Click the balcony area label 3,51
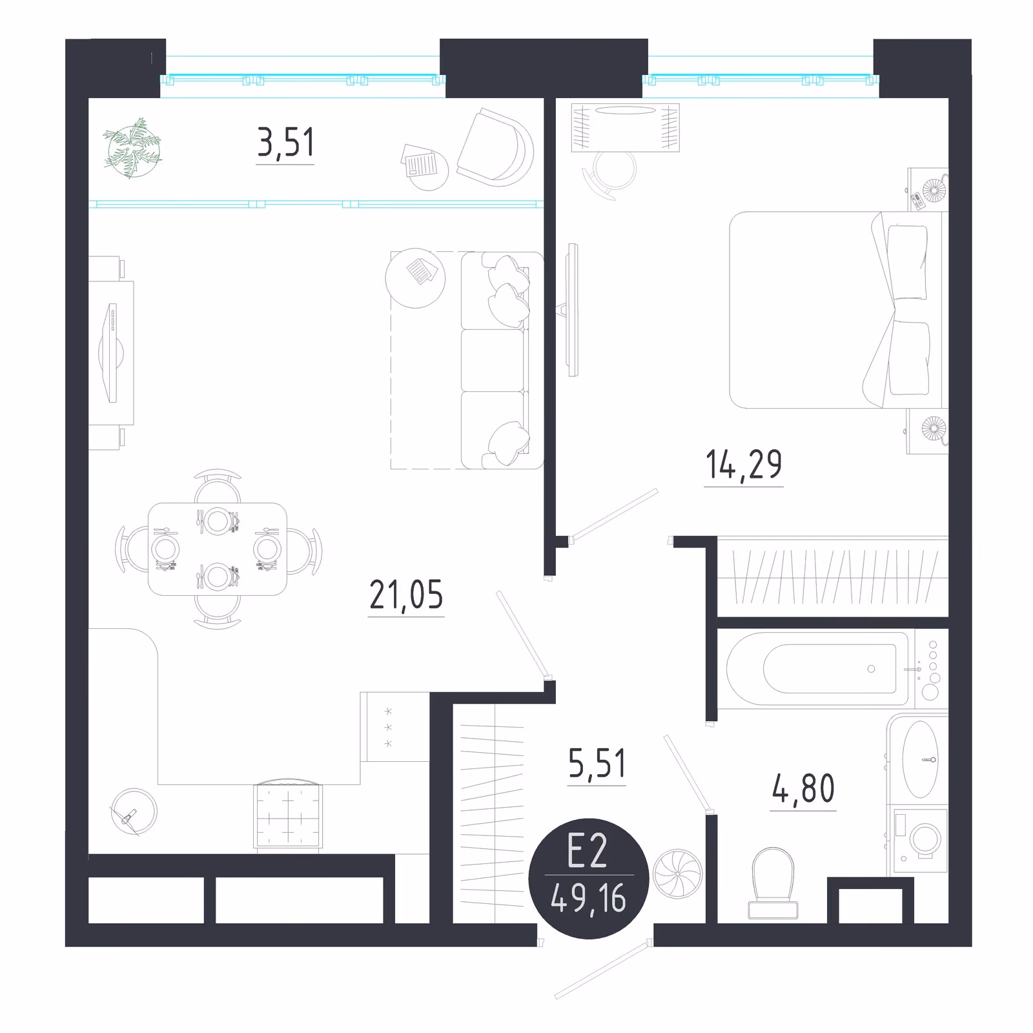(x=285, y=143)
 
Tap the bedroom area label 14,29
(x=744, y=465)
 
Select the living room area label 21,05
(x=406, y=595)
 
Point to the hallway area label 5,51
(x=597, y=764)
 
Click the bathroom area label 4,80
(x=803, y=788)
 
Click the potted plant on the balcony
(x=132, y=148)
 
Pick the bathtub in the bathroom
(x=818, y=669)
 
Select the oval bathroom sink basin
(x=920, y=759)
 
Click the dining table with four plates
(x=218, y=549)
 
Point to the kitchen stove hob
(x=289, y=815)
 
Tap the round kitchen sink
(x=134, y=812)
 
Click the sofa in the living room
(x=502, y=360)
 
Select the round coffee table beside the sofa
(x=416, y=278)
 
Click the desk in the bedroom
(x=626, y=127)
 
